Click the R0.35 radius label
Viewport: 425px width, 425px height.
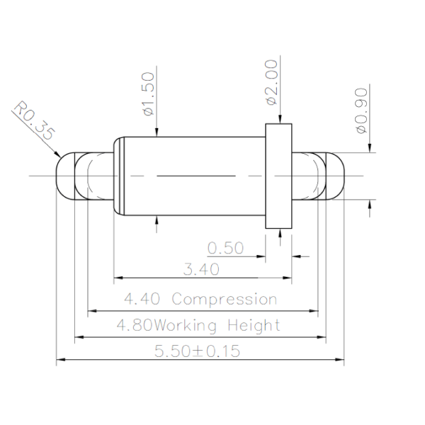pyautogui.click(x=34, y=120)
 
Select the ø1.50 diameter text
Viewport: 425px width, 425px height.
pyautogui.click(x=149, y=93)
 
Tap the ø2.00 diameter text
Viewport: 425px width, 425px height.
pyautogui.click(x=272, y=82)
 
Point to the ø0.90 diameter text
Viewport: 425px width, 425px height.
pyautogui.click(x=362, y=110)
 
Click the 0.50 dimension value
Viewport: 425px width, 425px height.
pyautogui.click(x=225, y=248)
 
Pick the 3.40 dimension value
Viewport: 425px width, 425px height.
pyautogui.click(x=201, y=269)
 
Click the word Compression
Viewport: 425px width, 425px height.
pyautogui.click(x=225, y=299)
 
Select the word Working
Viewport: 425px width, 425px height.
pyautogui.click(x=185, y=325)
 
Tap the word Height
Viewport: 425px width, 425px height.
pyautogui.click(x=254, y=325)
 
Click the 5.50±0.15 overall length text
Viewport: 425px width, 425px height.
pyautogui.click(x=198, y=351)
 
